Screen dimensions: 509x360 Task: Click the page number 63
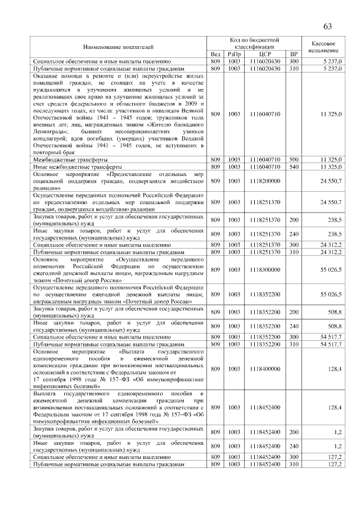(x=327, y=26)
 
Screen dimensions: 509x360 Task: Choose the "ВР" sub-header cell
(x=294, y=53)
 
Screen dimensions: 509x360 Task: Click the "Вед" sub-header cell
(x=215, y=53)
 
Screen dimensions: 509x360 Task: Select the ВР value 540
(x=294, y=167)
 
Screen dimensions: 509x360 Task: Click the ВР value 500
(x=294, y=160)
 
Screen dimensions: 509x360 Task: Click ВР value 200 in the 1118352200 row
(x=294, y=311)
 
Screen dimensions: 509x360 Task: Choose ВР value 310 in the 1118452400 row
(x=294, y=465)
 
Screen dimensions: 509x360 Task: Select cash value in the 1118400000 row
(x=335, y=369)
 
